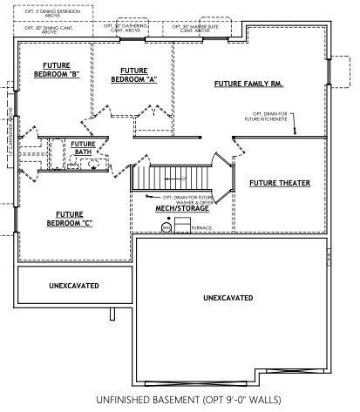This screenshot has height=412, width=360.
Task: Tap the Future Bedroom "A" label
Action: pos(133,75)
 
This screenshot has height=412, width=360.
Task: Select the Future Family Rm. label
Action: pos(247,84)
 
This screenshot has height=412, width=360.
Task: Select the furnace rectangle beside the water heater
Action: pos(182,226)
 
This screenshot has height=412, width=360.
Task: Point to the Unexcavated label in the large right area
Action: pos(228,298)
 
